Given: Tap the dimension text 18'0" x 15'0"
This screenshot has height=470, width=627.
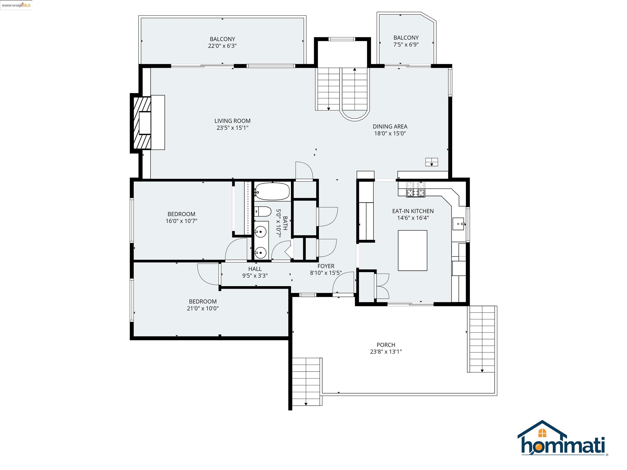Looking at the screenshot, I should pyautogui.click(x=390, y=133).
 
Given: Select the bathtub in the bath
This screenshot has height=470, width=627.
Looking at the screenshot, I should pyautogui.click(x=272, y=192).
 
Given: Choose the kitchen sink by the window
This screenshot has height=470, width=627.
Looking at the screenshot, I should pyautogui.click(x=458, y=224).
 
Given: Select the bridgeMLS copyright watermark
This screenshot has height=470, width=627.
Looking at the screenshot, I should pyautogui.click(x=16, y=5).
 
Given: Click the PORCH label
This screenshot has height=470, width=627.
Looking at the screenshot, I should pyautogui.click(x=386, y=345).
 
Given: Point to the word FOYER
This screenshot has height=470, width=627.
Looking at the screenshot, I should pyautogui.click(x=326, y=266).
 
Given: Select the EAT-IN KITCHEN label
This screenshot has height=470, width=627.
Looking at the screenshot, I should pyautogui.click(x=412, y=211).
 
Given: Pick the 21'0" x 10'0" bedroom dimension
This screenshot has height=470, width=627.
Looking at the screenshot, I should pyautogui.click(x=202, y=308).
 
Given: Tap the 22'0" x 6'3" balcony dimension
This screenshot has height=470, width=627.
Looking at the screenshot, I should pyautogui.click(x=222, y=46).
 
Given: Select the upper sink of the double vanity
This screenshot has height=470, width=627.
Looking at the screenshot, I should pyautogui.click(x=260, y=232).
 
